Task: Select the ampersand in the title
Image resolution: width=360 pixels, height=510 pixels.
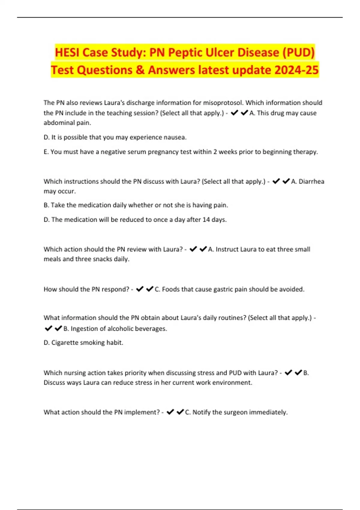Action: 140,70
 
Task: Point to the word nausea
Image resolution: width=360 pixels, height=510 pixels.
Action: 175,137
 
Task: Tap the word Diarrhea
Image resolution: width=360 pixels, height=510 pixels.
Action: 311,181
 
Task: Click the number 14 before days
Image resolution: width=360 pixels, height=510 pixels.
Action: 206,220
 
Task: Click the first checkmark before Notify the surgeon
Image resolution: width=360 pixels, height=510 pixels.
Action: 170,412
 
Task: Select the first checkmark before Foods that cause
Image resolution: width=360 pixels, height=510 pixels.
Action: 139,289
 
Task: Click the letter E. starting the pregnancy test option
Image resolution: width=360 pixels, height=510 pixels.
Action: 46,152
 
